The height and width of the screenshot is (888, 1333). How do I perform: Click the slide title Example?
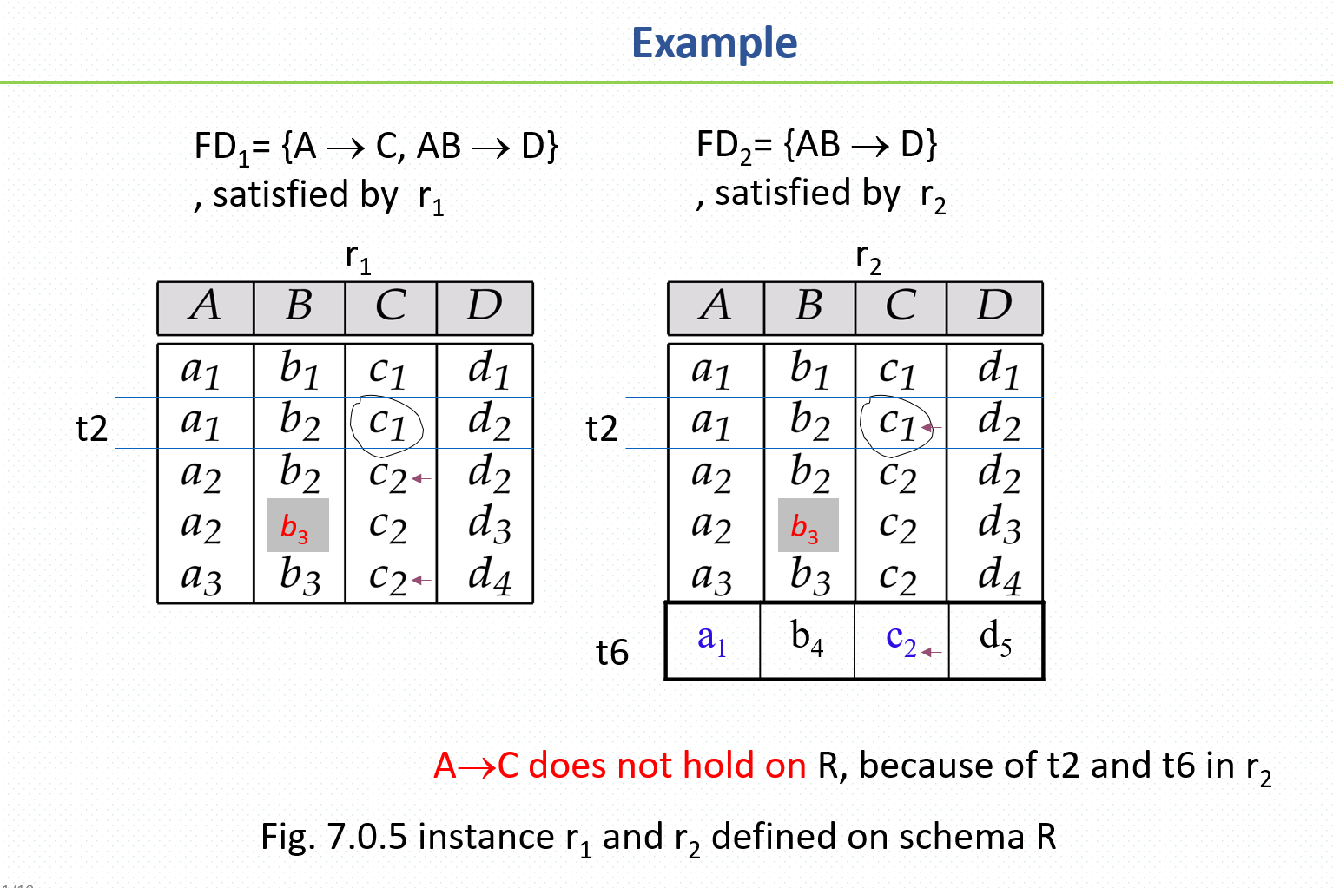(714, 43)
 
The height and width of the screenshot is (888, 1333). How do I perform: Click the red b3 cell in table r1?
(298, 525)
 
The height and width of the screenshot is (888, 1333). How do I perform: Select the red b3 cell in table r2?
(808, 525)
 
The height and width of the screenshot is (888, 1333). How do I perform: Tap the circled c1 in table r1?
(386, 424)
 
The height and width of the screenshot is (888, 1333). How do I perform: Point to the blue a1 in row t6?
(712, 639)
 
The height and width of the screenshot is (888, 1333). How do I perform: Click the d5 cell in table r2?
(995, 639)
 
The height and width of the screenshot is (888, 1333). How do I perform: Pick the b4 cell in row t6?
(807, 639)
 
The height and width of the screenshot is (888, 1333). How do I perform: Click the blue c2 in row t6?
(901, 640)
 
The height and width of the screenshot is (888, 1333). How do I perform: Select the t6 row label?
(612, 652)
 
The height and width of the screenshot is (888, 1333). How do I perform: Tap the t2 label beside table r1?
(92, 428)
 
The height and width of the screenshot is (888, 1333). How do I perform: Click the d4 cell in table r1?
(489, 576)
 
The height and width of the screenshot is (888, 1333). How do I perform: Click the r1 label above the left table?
(359, 260)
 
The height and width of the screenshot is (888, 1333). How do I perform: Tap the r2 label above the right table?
(868, 260)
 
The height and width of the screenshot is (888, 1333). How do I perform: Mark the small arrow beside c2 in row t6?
(931, 653)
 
